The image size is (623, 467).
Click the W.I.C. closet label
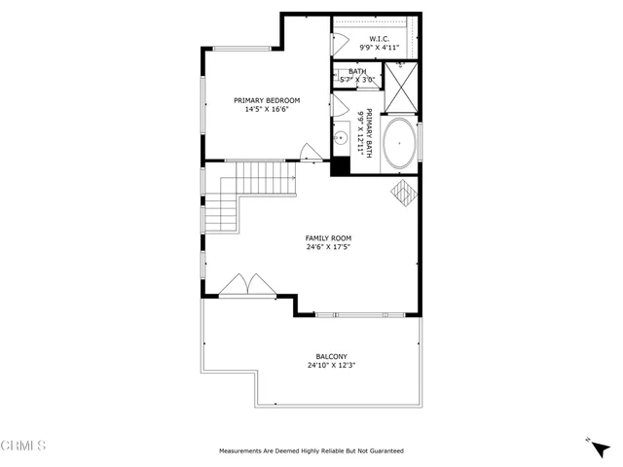click(379, 38)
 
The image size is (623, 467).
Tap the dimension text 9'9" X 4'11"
click(379, 47)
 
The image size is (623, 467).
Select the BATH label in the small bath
click(357, 71)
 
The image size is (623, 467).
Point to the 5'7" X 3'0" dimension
click(357, 80)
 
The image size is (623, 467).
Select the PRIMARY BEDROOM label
click(267, 100)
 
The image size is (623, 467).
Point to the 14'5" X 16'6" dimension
click(267, 109)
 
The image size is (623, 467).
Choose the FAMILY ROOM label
click(328, 237)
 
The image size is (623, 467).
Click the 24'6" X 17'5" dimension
click(328, 246)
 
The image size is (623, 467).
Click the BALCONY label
click(331, 357)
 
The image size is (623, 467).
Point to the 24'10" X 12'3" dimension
click(331, 366)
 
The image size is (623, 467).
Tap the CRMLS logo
click(23, 446)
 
